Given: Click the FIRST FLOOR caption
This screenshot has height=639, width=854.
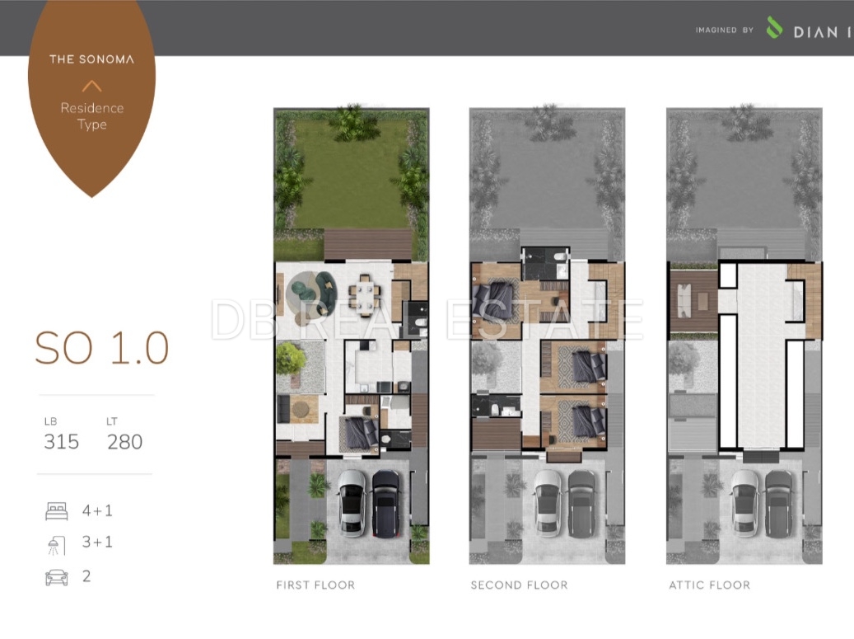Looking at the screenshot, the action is tap(315, 585).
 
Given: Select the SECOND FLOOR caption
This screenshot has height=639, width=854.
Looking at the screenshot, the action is tap(519, 585).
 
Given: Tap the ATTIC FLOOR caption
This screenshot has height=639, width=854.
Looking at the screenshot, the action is tap(709, 585).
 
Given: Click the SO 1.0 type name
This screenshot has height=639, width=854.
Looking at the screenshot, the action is tap(102, 348).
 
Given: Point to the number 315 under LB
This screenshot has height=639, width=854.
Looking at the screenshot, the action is tap(62, 442).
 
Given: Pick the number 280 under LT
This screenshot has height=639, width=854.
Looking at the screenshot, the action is tap(124, 442).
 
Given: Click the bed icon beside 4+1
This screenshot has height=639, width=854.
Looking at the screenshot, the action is tap(57, 511).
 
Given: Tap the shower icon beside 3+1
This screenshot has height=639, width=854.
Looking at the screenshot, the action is tap(57, 545).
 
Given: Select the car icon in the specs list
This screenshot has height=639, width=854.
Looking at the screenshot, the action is tap(57, 577).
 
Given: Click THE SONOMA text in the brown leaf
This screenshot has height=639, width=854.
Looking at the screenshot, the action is tap(91, 59).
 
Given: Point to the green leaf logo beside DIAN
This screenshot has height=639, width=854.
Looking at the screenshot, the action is tap(774, 27).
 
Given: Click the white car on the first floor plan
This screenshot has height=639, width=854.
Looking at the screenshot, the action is tap(352, 503).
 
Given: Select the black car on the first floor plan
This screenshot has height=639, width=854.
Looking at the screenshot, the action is tap(385, 503).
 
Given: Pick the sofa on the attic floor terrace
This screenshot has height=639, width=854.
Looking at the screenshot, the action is tap(683, 300).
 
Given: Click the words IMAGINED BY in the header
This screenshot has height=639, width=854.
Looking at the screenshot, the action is tap(725, 30).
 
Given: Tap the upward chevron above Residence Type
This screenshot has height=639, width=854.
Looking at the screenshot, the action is tap(91, 86).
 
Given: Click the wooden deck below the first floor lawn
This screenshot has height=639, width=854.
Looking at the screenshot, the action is tap(368, 244).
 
